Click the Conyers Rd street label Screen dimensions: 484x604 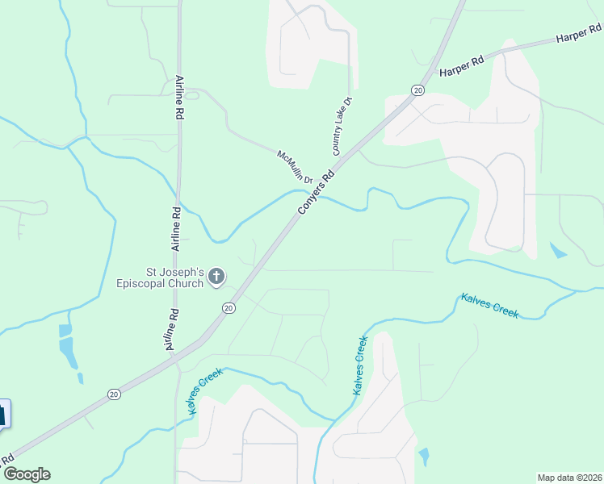click(x=317, y=191)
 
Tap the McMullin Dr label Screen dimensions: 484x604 click(x=294, y=166)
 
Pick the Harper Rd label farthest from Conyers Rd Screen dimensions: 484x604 click(x=579, y=34)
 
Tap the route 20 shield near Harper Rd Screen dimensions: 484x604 click(x=417, y=90)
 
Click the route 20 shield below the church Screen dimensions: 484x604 click(x=229, y=307)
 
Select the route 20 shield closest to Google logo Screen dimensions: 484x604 click(x=114, y=394)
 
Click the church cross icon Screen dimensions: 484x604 click(x=216, y=277)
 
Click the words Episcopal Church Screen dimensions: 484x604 click(x=170, y=283)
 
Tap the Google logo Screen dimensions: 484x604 click(x=27, y=474)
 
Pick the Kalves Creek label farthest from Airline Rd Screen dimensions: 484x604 click(x=489, y=305)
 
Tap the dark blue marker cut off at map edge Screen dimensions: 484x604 click(x=3, y=415)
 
